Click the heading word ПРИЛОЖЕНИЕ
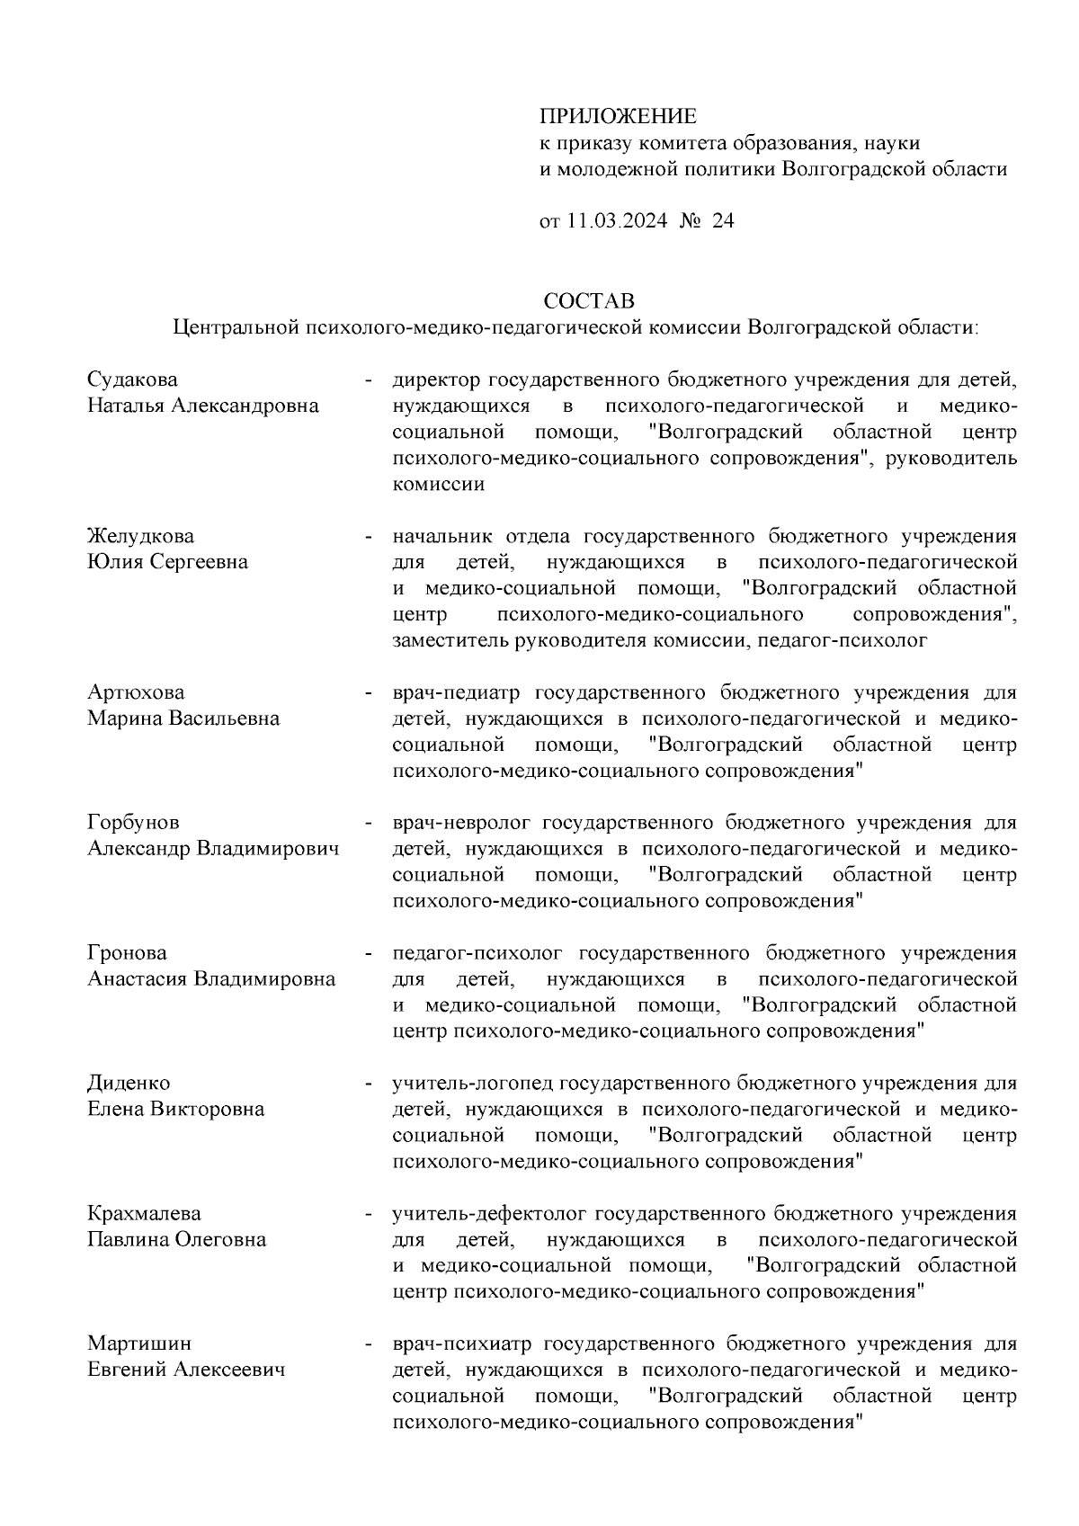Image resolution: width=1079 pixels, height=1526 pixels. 618,117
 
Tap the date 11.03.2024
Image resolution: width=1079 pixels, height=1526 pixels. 617,221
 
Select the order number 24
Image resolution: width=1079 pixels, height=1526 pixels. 723,221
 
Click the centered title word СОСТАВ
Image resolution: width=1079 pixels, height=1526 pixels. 589,299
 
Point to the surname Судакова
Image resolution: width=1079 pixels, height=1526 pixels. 132,379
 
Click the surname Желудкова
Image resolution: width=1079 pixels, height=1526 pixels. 140,536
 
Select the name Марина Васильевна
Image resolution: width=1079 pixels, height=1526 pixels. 183,718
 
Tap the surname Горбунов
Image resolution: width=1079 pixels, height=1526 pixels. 133,823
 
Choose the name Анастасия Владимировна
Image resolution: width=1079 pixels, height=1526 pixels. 211,979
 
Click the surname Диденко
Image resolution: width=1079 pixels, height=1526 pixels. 129,1083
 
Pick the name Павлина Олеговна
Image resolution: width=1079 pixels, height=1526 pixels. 176,1240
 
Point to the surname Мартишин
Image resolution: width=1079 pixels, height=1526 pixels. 139,1343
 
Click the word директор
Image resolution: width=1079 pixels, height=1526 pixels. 436,379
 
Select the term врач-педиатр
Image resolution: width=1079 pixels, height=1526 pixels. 458,692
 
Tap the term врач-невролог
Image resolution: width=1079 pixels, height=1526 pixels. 462,823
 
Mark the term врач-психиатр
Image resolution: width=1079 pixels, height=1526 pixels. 462,1343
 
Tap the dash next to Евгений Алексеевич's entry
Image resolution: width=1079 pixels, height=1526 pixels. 369,1345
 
